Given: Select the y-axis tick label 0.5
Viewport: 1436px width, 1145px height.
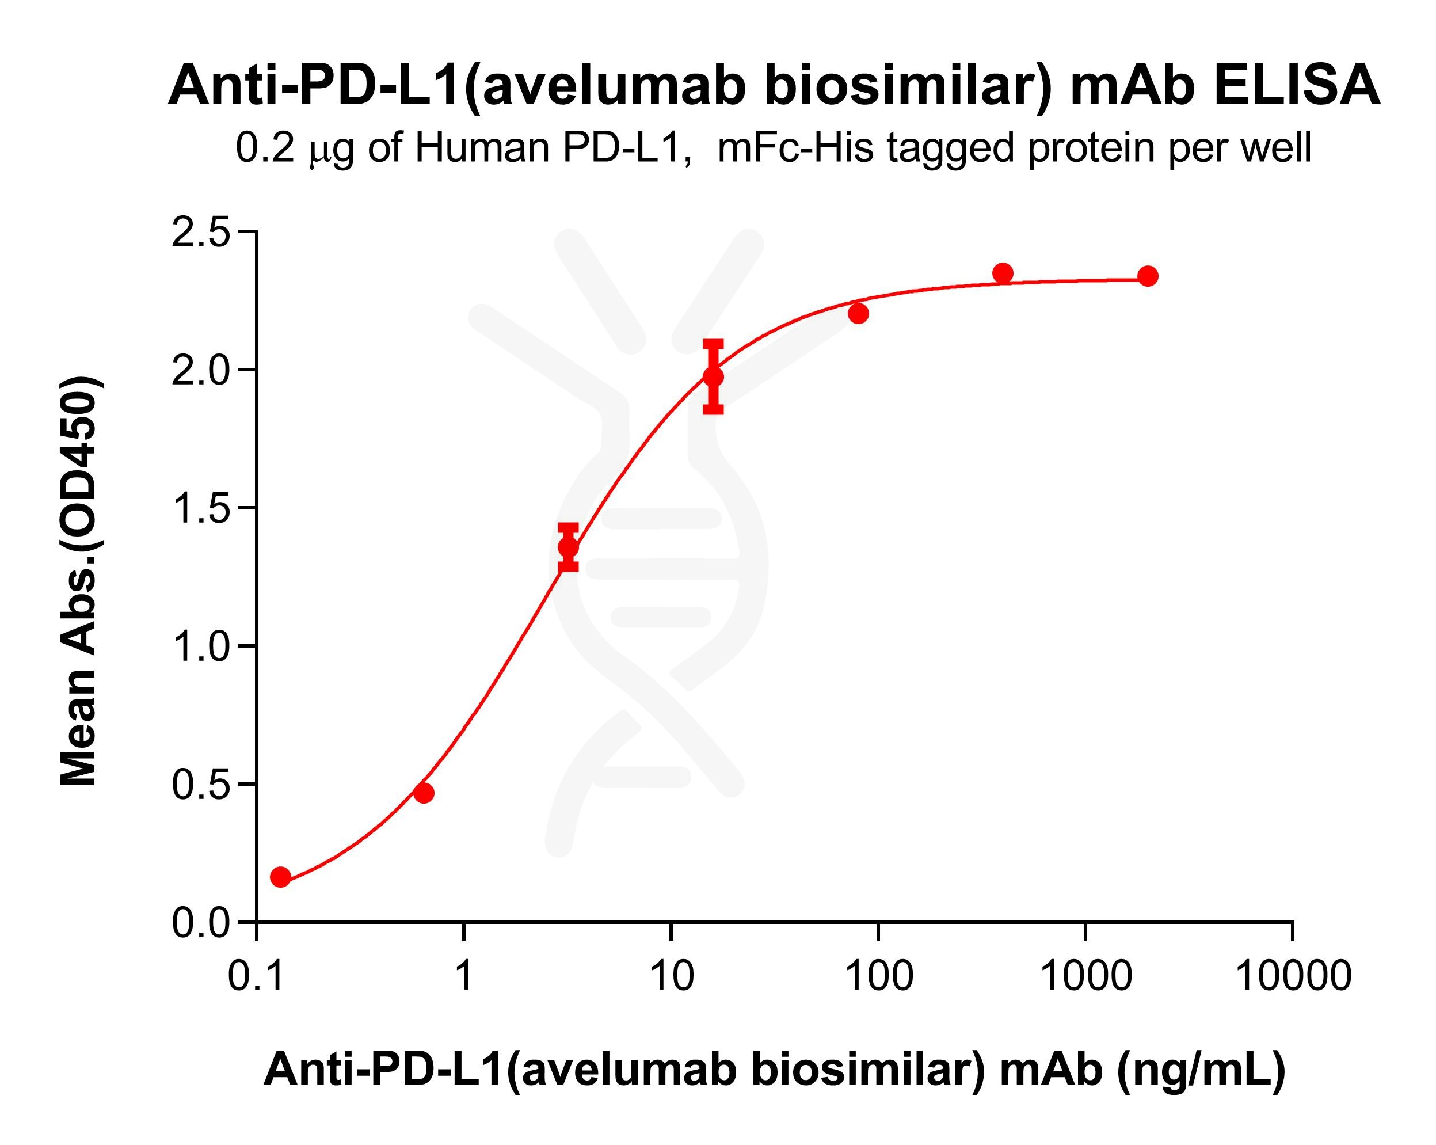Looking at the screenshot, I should pos(200,785).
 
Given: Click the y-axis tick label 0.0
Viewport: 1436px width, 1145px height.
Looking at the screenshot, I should pos(200,923).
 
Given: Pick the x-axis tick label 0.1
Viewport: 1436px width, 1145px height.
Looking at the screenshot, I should pos(257,976).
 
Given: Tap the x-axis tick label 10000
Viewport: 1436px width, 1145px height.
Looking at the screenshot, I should pos(1293,976).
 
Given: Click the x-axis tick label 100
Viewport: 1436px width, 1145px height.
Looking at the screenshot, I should pos(878,976).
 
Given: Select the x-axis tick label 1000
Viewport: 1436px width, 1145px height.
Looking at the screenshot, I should pos(1085,976).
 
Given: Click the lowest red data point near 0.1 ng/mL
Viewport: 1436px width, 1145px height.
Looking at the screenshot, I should pos(280,877).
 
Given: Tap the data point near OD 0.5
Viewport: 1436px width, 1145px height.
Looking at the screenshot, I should pos(424,793).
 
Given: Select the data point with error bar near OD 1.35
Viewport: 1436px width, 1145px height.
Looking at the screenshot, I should pos(568,547).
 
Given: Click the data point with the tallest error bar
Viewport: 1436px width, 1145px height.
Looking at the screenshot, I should pos(713,377).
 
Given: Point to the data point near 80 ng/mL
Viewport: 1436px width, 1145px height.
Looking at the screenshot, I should pos(859,313).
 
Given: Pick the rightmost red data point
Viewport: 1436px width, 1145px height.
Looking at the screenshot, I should pos(1148,276).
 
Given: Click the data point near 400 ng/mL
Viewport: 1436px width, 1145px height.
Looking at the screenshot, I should pos(1003,273).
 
